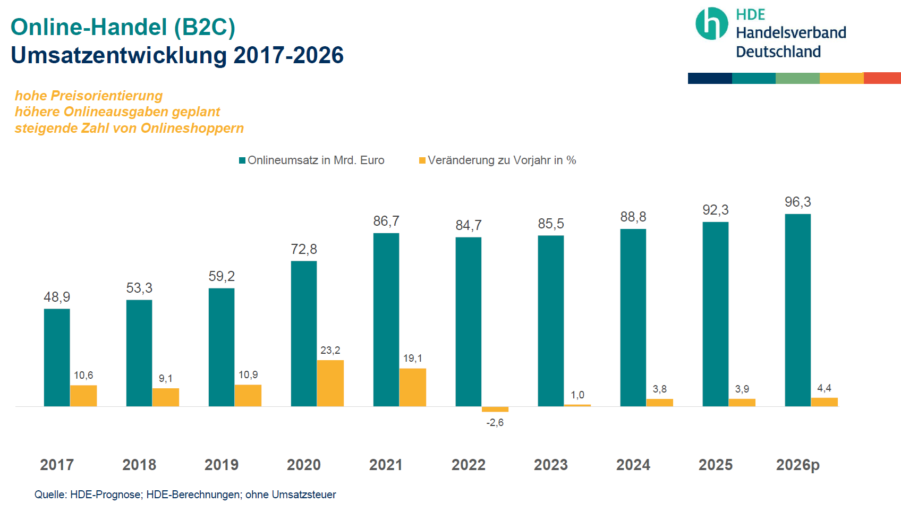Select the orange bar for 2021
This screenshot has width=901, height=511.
413,387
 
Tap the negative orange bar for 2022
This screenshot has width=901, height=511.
495,409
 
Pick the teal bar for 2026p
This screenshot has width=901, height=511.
798,310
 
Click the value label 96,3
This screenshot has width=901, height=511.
798,202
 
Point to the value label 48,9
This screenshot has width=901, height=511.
57,297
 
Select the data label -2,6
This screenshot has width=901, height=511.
495,423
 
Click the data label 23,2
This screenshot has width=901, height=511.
330,351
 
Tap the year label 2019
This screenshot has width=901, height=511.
222,465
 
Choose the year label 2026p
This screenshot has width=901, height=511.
798,465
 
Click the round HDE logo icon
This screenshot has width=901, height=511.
712,24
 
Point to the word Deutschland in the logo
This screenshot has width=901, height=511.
778,52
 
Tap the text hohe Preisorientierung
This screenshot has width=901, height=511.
89,96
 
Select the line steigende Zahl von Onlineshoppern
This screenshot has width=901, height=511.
129,128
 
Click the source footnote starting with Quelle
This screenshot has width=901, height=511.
185,495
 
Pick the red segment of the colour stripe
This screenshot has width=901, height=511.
882,78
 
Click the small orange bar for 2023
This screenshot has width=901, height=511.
577,405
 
